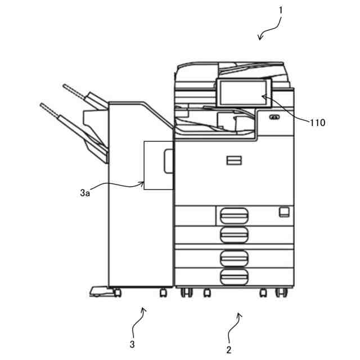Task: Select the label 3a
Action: pyautogui.click(x=85, y=193)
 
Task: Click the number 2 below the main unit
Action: pyautogui.click(x=229, y=350)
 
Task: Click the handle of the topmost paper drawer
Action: pyautogui.click(x=235, y=214)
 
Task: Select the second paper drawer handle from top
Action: pyautogui.click(x=235, y=234)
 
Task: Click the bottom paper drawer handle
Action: pyautogui.click(x=235, y=276)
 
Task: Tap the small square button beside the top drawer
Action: pyautogui.click(x=283, y=211)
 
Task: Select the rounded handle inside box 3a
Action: pyautogui.click(x=168, y=161)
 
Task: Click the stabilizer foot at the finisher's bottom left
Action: pyautogui.click(x=99, y=291)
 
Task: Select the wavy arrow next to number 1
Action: pyautogui.click(x=269, y=29)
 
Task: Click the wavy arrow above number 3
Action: pyautogui.click(x=141, y=319)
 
